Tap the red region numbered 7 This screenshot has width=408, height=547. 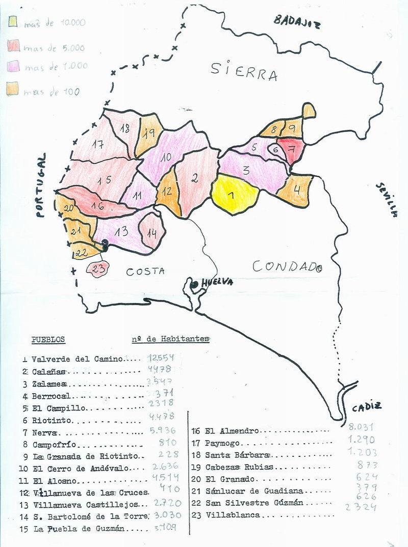(291, 149)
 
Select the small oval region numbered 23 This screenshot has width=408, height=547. (97, 268)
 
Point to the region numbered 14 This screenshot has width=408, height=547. (151, 233)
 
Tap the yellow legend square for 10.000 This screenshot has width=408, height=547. (13, 22)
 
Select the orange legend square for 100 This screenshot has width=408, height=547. (13, 90)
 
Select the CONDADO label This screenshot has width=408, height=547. (288, 266)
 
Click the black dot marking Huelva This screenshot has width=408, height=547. (194, 284)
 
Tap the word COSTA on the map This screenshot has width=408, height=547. (145, 271)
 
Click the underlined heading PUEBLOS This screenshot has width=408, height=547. (47, 340)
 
